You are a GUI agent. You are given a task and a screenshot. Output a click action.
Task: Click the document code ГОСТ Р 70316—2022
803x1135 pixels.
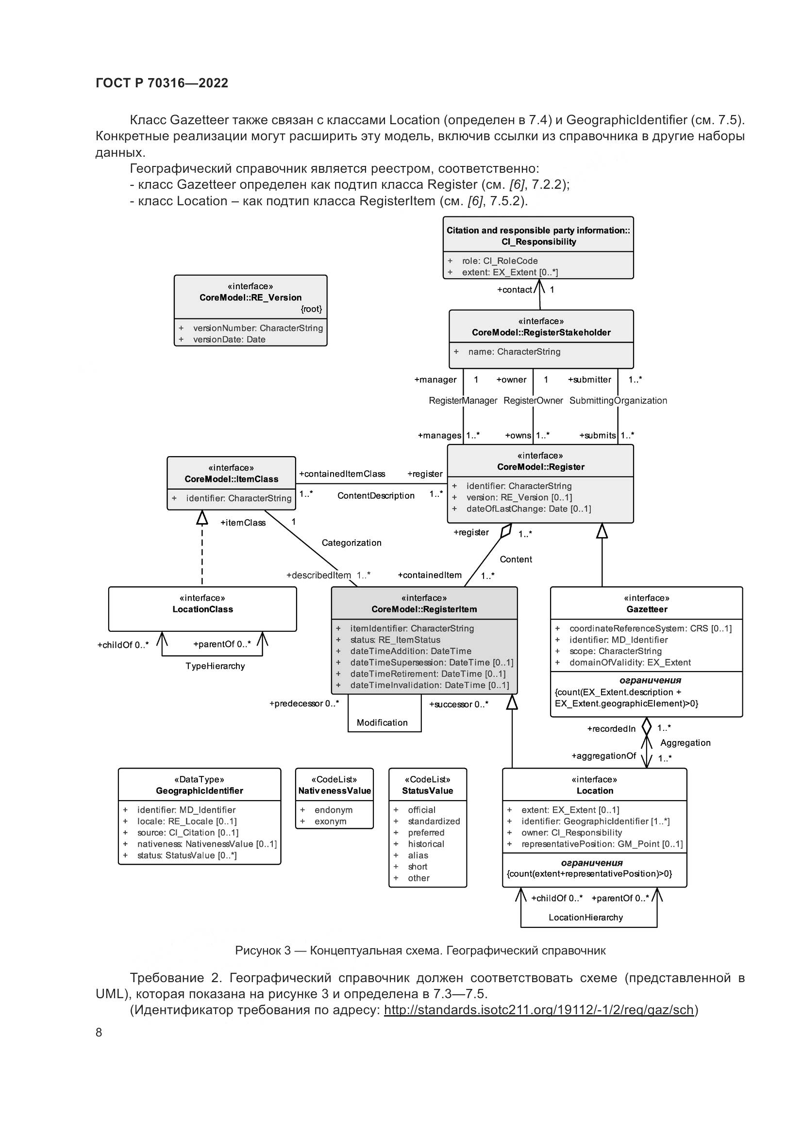click(162, 83)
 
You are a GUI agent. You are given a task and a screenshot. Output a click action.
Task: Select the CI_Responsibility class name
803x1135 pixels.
click(538, 242)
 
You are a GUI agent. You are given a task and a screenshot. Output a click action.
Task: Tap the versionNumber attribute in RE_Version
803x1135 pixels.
click(258, 328)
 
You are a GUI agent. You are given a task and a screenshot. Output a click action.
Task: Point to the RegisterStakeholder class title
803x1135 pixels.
click(541, 332)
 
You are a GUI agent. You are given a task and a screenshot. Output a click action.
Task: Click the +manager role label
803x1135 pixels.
click(435, 379)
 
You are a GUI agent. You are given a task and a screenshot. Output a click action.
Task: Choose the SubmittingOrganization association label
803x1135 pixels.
click(618, 400)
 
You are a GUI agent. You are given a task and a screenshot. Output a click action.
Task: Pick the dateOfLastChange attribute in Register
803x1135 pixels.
click(528, 509)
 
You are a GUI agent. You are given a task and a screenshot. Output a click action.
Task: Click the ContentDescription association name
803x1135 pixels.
click(376, 496)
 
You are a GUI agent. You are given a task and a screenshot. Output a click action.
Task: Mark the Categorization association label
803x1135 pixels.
click(351, 543)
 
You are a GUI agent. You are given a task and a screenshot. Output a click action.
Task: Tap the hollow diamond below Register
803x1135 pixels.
click(505, 531)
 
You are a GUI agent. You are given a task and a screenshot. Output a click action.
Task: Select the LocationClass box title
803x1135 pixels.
click(203, 609)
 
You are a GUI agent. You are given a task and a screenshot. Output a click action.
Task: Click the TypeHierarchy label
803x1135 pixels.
click(215, 666)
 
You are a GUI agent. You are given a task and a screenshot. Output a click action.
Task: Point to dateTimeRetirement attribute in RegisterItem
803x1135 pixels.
click(428, 674)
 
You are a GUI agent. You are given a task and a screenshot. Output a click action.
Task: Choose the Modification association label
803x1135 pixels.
click(382, 723)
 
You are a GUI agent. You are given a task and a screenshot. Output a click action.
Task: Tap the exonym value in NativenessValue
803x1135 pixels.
click(330, 821)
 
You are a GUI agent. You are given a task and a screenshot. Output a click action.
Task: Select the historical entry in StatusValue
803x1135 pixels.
click(426, 844)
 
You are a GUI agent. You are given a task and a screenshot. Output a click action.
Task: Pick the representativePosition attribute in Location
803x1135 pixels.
click(602, 844)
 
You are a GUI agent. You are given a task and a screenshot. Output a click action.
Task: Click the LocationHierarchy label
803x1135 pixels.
click(586, 918)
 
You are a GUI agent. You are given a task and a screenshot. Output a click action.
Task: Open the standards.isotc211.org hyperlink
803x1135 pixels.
click(539, 1009)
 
